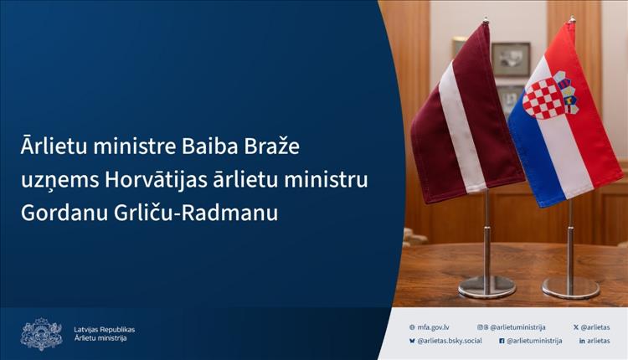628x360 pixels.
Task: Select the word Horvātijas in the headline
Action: tap(156, 179)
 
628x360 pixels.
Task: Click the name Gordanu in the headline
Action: tap(64, 213)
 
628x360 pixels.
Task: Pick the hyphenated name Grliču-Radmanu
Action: tap(196, 213)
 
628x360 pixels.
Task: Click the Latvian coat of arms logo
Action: tap(42, 334)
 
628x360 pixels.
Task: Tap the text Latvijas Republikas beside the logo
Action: tap(104, 330)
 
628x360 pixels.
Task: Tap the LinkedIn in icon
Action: tap(582, 341)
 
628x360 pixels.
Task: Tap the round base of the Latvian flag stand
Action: tap(486, 286)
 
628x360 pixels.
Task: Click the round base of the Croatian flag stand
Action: tap(571, 287)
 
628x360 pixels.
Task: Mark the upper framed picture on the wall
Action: tap(511, 59)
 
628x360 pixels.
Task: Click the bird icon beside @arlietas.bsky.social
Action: tap(412, 341)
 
